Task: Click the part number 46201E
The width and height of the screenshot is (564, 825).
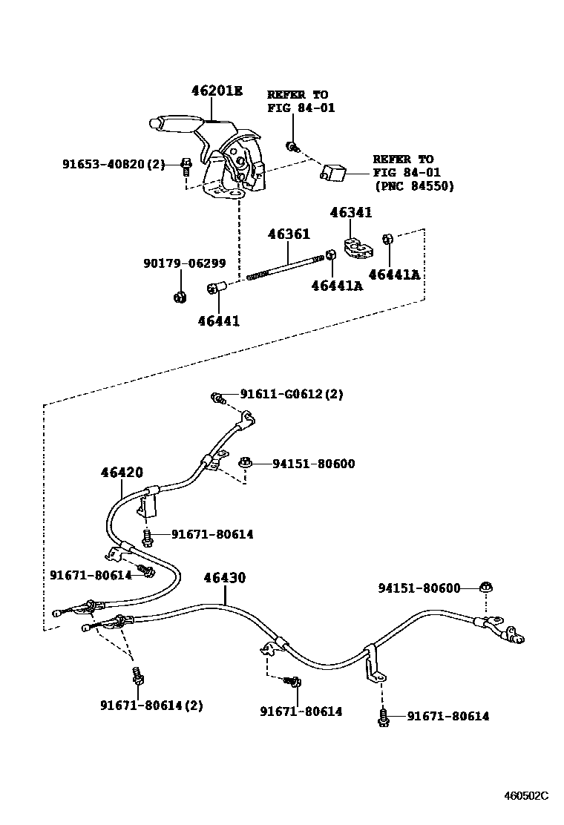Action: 217,91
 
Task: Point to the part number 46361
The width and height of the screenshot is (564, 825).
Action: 289,234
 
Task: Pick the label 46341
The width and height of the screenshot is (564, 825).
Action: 351,213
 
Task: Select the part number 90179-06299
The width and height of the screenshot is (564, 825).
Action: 185,263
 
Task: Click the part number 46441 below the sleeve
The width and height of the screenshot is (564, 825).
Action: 219,321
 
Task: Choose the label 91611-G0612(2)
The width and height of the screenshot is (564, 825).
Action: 292,395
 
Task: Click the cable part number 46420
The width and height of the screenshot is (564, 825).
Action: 122,472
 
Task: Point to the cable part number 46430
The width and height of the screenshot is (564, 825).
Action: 225,578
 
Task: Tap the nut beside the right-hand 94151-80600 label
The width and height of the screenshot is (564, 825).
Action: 485,588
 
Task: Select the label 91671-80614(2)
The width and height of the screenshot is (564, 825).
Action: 151,705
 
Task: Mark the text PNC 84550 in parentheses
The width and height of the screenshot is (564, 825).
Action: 414,186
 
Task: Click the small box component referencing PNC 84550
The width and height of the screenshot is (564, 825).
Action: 333,172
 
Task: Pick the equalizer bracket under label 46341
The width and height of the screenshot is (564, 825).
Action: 357,249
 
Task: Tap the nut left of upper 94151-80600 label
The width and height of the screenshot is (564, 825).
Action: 246,464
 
